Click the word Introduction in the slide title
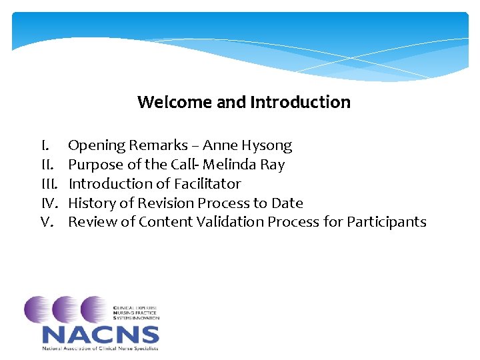[x=300, y=102]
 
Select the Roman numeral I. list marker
[x=45, y=145]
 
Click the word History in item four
[x=93, y=203]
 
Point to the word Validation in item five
[x=230, y=222]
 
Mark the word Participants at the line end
[x=386, y=222]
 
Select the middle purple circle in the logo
[x=67, y=310]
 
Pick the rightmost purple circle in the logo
[x=95, y=310]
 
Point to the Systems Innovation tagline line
[x=136, y=318]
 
